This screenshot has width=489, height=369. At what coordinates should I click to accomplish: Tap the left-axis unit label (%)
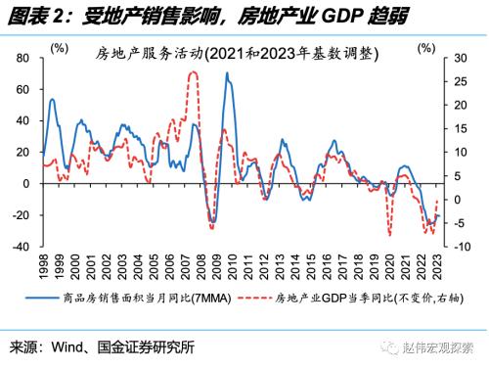point(60,46)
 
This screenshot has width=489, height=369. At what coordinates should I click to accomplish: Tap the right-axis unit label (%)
point(426,46)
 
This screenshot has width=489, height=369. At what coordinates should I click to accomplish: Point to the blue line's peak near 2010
point(227,73)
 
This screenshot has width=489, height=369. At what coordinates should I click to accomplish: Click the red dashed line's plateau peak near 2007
point(194,71)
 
